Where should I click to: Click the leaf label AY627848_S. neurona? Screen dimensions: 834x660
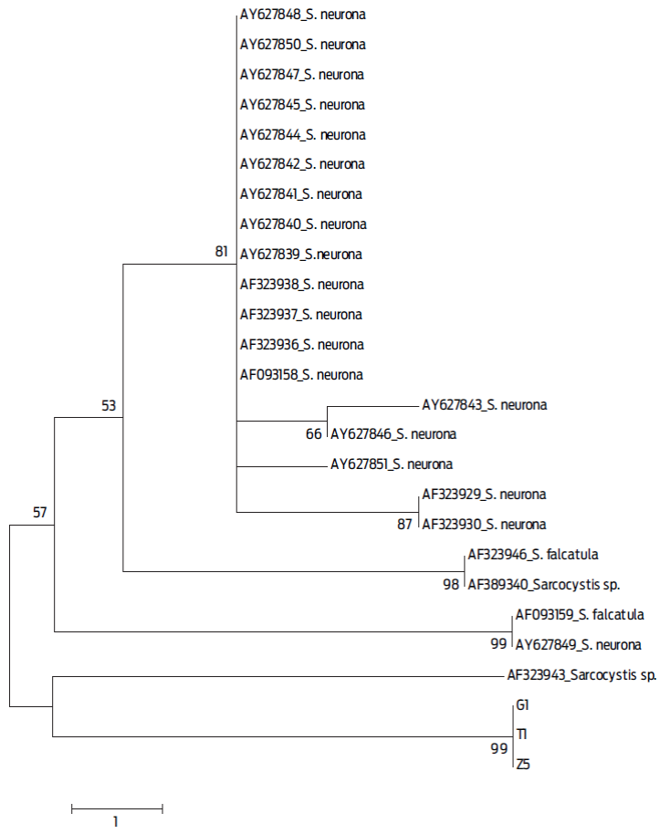tap(302, 15)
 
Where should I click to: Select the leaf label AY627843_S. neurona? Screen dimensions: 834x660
tap(484, 404)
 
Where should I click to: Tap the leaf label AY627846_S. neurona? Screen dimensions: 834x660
tap(393, 434)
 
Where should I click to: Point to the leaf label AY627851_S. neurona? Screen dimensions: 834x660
tap(392, 464)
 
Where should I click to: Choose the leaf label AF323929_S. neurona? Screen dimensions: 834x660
tap(484, 495)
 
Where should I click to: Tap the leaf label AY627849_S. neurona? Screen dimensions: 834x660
tap(578, 644)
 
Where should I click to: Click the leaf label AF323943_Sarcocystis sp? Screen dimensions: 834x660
tap(581, 676)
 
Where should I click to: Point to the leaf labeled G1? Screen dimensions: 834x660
tap(522, 705)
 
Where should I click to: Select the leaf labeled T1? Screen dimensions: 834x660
tap(522, 735)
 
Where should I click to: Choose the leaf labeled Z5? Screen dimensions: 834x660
tap(522, 765)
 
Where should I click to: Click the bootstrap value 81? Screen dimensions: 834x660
tap(222, 251)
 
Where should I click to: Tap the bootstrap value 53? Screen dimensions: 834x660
tap(109, 405)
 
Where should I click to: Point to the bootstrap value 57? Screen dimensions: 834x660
tap(40, 512)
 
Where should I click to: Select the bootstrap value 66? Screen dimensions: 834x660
tap(313, 434)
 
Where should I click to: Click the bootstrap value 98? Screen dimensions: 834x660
tap(451, 584)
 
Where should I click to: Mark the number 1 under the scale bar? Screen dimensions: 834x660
tap(116, 821)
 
